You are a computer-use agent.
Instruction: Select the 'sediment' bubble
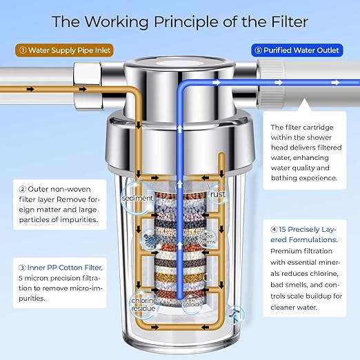pyautogui.click(x=138, y=198)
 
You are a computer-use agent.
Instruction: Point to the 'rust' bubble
pyautogui.click(x=219, y=194)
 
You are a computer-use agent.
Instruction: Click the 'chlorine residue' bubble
pyautogui.click(x=145, y=303)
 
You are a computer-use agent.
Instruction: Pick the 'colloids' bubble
pyautogui.click(x=192, y=300)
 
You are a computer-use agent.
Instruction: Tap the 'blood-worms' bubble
pyautogui.click(x=208, y=238)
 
